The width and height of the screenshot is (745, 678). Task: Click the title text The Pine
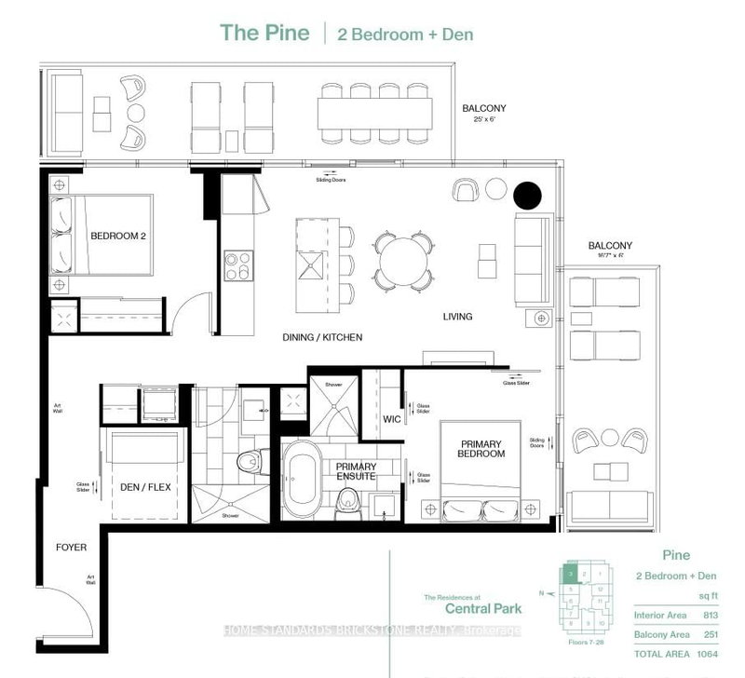pyautogui.click(x=263, y=32)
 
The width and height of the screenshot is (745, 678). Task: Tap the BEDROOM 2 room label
pyautogui.click(x=119, y=237)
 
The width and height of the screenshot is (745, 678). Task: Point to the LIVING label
pyautogui.click(x=457, y=317)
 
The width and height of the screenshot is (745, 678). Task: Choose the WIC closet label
pyautogui.click(x=392, y=419)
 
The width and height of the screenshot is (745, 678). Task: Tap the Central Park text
pyautogui.click(x=471, y=611)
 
